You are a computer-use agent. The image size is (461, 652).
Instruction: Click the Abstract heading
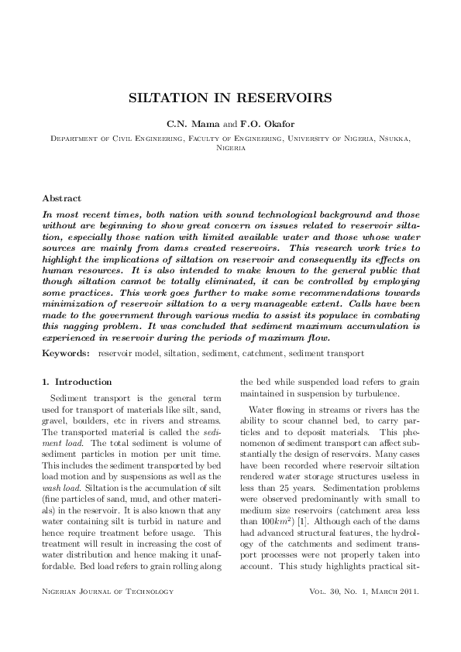61,199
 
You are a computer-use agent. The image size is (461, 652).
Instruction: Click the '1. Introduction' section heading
76,382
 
